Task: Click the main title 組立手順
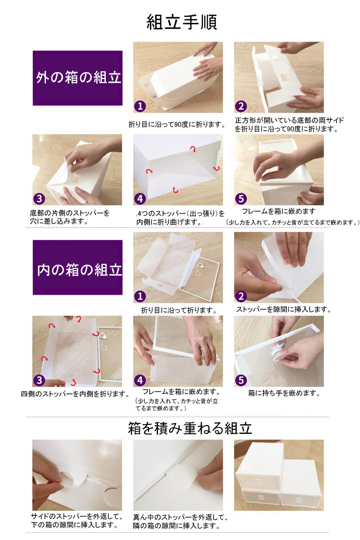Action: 181,22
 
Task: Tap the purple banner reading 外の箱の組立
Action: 78,78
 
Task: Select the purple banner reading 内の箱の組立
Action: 78,267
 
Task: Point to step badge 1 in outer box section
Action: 140,106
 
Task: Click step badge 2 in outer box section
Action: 241,106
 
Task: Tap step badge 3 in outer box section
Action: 39,198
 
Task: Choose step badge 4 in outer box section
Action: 140,198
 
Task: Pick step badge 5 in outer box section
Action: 241,198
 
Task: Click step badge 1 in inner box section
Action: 140,296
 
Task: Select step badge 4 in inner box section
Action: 140,380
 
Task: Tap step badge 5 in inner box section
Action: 241,380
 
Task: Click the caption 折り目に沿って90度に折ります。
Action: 177,125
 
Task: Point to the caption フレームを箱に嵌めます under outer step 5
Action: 279,211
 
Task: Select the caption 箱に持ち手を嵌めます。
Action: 284,393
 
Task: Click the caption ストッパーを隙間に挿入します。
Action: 283,309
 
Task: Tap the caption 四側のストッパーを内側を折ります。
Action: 75,394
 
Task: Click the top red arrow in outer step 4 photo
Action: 193,149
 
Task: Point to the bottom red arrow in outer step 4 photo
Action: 175,190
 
